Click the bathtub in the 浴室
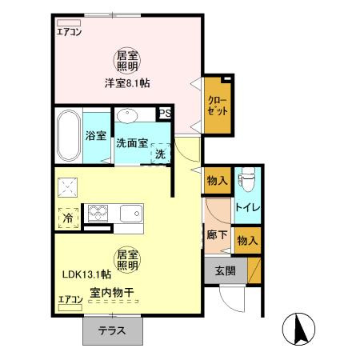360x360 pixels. click(x=69, y=136)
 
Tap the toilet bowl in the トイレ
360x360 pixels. click(x=247, y=179)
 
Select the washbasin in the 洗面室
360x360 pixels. click(x=127, y=115)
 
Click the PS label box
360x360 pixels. click(x=165, y=114)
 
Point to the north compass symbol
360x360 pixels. click(x=298, y=329)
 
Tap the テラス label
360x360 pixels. click(x=112, y=331)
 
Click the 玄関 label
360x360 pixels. click(x=226, y=271)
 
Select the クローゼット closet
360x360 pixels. click(x=218, y=106)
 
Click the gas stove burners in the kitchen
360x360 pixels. click(x=98, y=213)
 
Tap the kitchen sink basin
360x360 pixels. click(x=130, y=214)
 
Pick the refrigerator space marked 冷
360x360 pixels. click(x=68, y=218)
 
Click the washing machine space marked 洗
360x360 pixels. click(x=160, y=154)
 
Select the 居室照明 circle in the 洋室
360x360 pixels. click(x=127, y=61)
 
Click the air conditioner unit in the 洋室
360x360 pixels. click(x=69, y=22)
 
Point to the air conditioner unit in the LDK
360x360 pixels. click(x=70, y=307)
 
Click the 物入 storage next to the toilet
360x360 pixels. click(x=218, y=181)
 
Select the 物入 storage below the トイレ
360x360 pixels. click(x=248, y=241)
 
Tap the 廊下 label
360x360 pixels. click(x=217, y=235)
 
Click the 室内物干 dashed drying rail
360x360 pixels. click(x=114, y=302)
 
